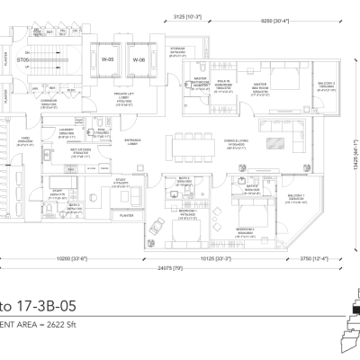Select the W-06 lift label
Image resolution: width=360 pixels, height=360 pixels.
(139, 60)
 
